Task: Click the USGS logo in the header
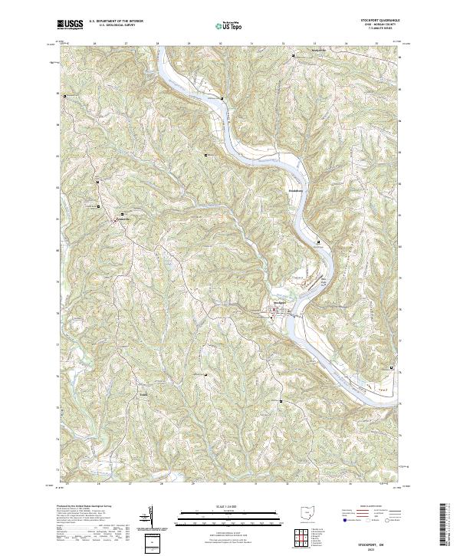click(70, 25)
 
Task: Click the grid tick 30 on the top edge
click(221, 44)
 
